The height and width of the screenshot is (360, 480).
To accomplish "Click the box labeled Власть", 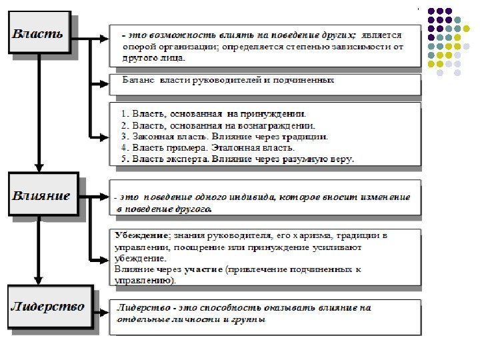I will click(x=39, y=33).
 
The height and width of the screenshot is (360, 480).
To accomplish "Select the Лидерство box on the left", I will click(x=47, y=307).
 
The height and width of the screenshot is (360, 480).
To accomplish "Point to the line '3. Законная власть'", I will click(x=224, y=136).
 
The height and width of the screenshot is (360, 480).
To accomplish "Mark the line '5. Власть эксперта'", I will click(x=237, y=159).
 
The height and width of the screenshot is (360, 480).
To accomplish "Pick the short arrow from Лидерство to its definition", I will click(x=101, y=311).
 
